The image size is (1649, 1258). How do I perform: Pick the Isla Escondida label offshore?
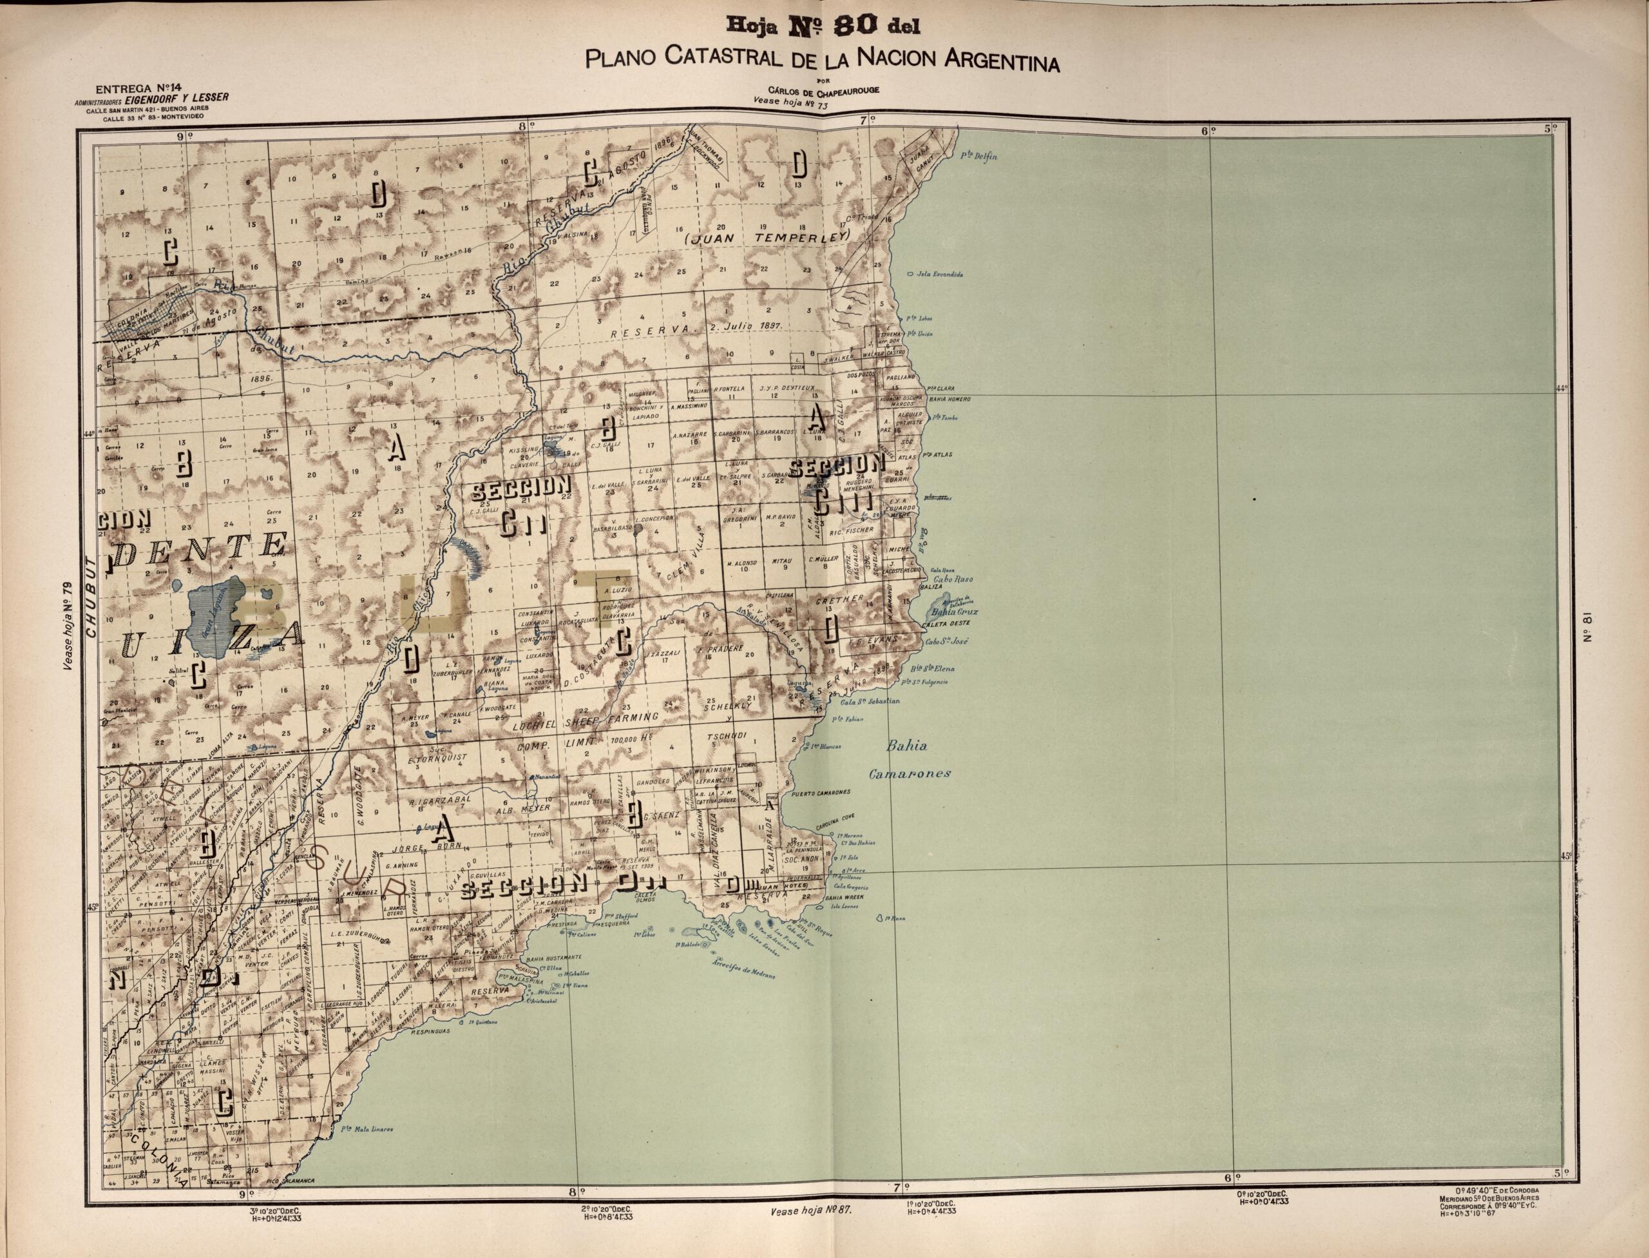pyautogui.click(x=939, y=274)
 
